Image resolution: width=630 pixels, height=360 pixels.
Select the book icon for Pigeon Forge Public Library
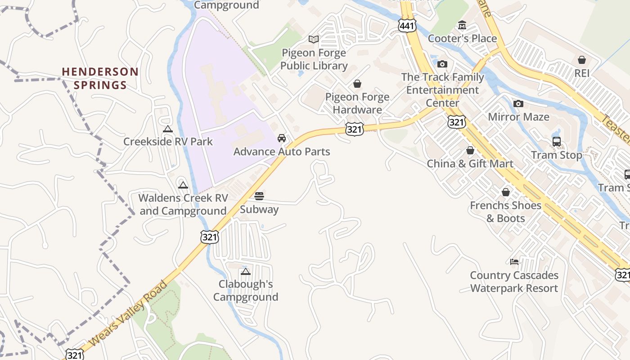[314, 40]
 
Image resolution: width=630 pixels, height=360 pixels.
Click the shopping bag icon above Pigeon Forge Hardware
[357, 84]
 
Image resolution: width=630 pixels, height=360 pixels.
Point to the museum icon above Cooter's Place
[462, 25]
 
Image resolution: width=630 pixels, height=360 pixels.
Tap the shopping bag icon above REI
[581, 60]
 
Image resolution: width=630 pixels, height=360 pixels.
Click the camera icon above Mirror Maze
[518, 104]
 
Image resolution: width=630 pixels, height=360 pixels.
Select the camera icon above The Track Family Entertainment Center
[442, 64]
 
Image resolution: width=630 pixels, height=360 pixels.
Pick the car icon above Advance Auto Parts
[282, 138]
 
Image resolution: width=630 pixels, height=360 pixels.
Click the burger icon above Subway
[259, 196]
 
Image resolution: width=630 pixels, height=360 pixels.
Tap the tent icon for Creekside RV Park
[168, 129]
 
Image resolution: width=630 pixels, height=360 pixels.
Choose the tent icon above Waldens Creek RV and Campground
[183, 185]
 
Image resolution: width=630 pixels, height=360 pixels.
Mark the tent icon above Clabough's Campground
[245, 271]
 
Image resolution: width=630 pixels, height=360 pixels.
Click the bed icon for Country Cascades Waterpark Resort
[514, 262]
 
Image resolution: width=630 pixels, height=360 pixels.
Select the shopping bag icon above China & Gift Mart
[470, 150]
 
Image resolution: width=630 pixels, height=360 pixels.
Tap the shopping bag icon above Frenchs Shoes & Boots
[506, 192]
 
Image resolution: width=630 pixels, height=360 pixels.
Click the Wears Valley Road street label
[128, 313]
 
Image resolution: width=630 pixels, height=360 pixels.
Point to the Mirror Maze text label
[519, 117]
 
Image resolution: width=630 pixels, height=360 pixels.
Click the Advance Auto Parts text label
[282, 152]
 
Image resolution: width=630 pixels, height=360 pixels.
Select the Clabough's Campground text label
[246, 291]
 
